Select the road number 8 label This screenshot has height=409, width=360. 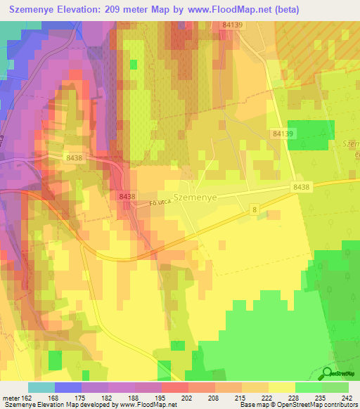point(254,210)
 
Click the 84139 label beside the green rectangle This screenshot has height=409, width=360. point(281,133)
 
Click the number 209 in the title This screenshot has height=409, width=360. point(115,10)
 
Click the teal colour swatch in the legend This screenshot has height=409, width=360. point(41,387)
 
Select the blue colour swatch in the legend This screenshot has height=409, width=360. point(68,387)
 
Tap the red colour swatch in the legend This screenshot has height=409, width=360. point(175,387)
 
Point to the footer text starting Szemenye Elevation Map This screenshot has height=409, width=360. point(89,405)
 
